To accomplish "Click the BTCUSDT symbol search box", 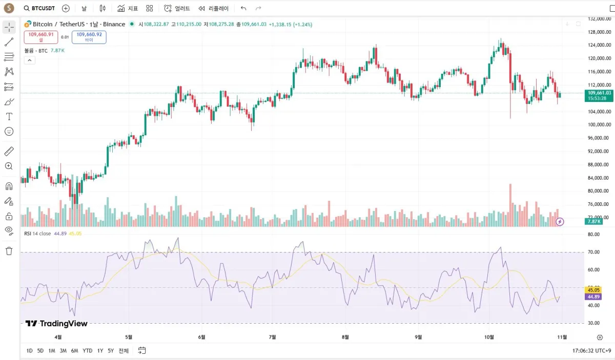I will coord(39,8).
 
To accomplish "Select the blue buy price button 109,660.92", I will coord(89,36).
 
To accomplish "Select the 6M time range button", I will coord(74,351).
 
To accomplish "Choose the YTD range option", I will coord(88,351).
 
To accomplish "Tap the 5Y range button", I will coord(111,351).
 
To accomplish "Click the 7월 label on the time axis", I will coord(272,337).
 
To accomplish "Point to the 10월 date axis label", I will coord(489,337).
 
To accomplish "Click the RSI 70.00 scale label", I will coord(594,252).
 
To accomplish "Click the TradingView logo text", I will coord(57,324).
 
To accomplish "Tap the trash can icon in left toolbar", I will coord(9,251).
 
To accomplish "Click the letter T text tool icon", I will coord(9,117).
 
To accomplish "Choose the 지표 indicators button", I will coord(128,8).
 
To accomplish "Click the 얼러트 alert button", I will coord(177,8).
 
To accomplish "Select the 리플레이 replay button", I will coord(214,8).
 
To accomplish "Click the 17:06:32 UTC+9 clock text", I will coord(591,351).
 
